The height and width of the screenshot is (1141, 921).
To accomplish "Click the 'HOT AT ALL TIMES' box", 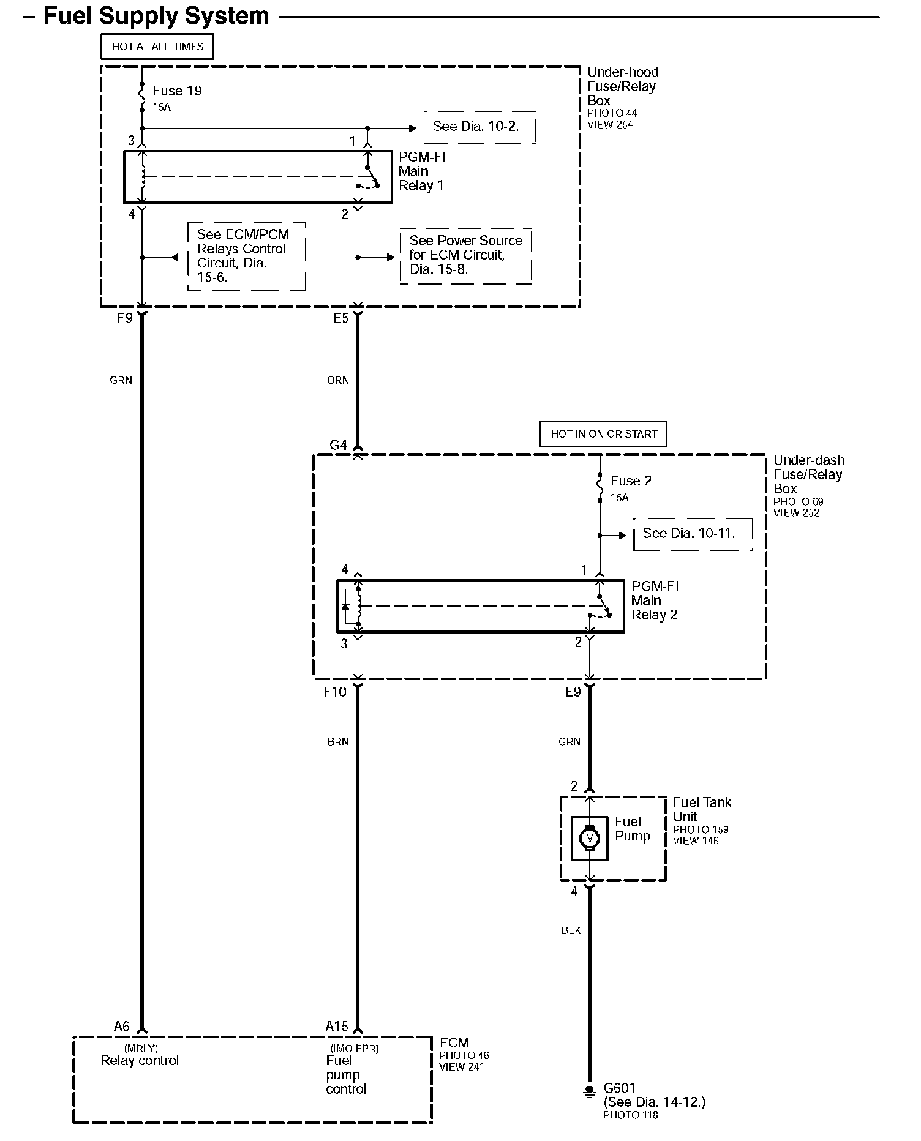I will (157, 47).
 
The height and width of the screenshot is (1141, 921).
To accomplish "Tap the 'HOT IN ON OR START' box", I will (603, 434).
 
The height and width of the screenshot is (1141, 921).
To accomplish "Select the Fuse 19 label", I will (177, 91).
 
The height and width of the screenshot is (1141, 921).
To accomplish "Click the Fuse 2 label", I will (631, 481).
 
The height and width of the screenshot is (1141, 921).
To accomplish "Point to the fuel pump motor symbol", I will (590, 838).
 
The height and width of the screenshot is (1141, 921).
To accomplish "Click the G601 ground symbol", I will (589, 1091).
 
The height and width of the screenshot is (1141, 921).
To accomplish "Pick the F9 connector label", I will (124, 318).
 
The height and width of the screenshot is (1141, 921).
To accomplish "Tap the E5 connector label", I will (340, 318).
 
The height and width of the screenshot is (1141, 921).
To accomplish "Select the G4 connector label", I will (339, 446).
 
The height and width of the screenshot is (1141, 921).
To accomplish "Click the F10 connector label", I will (335, 692).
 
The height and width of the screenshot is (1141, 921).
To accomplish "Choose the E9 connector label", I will (573, 692).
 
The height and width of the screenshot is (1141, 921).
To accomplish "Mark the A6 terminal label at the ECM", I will (122, 1027).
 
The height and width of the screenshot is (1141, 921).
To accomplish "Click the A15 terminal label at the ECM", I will (336, 1027).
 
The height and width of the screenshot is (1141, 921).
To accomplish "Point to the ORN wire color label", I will (338, 380).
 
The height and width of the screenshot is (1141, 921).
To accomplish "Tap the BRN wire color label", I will (338, 742).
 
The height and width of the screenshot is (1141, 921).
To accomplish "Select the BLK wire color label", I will (571, 931).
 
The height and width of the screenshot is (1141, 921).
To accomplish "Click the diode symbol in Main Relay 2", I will (345, 607).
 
